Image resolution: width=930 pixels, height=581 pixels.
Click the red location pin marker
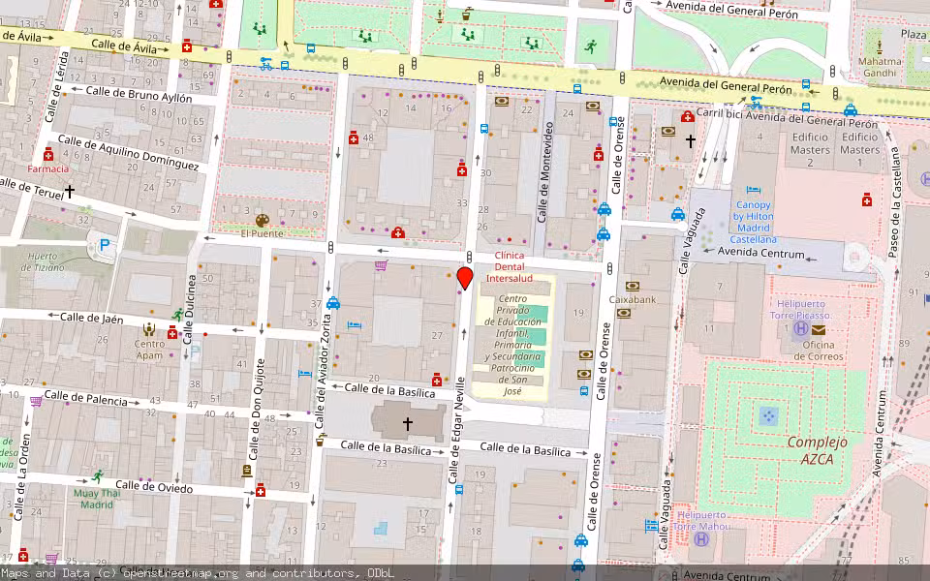464,278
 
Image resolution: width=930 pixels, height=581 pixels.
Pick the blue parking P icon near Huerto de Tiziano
105,247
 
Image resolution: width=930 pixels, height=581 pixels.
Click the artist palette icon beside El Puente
263,221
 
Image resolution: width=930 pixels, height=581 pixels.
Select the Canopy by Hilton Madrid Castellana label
753,222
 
